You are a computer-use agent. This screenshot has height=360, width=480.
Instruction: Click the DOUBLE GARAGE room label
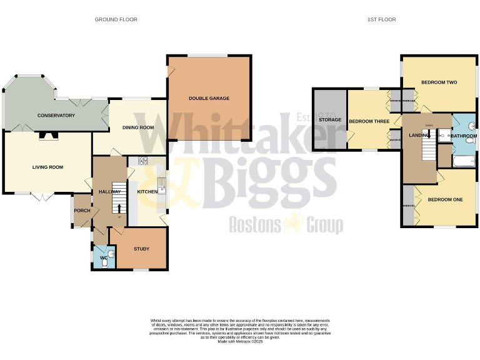click(209, 98)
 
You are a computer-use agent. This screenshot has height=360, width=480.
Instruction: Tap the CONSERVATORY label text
click(56, 116)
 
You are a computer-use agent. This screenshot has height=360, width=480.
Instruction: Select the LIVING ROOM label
click(48, 167)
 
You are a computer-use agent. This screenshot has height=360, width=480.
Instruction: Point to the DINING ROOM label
click(138, 127)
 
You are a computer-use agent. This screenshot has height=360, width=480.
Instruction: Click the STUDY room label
click(141, 249)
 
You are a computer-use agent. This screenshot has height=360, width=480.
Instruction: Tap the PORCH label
click(82, 211)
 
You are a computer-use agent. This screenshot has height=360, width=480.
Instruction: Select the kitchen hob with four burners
click(141, 160)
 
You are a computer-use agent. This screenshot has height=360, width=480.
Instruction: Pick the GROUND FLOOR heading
click(116, 19)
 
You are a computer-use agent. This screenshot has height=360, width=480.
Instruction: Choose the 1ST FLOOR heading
click(381, 19)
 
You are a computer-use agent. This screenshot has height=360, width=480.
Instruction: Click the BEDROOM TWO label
click(439, 82)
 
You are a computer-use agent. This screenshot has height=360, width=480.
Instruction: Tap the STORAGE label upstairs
click(329, 119)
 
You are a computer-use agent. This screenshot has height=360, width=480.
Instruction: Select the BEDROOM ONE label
click(445, 199)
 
